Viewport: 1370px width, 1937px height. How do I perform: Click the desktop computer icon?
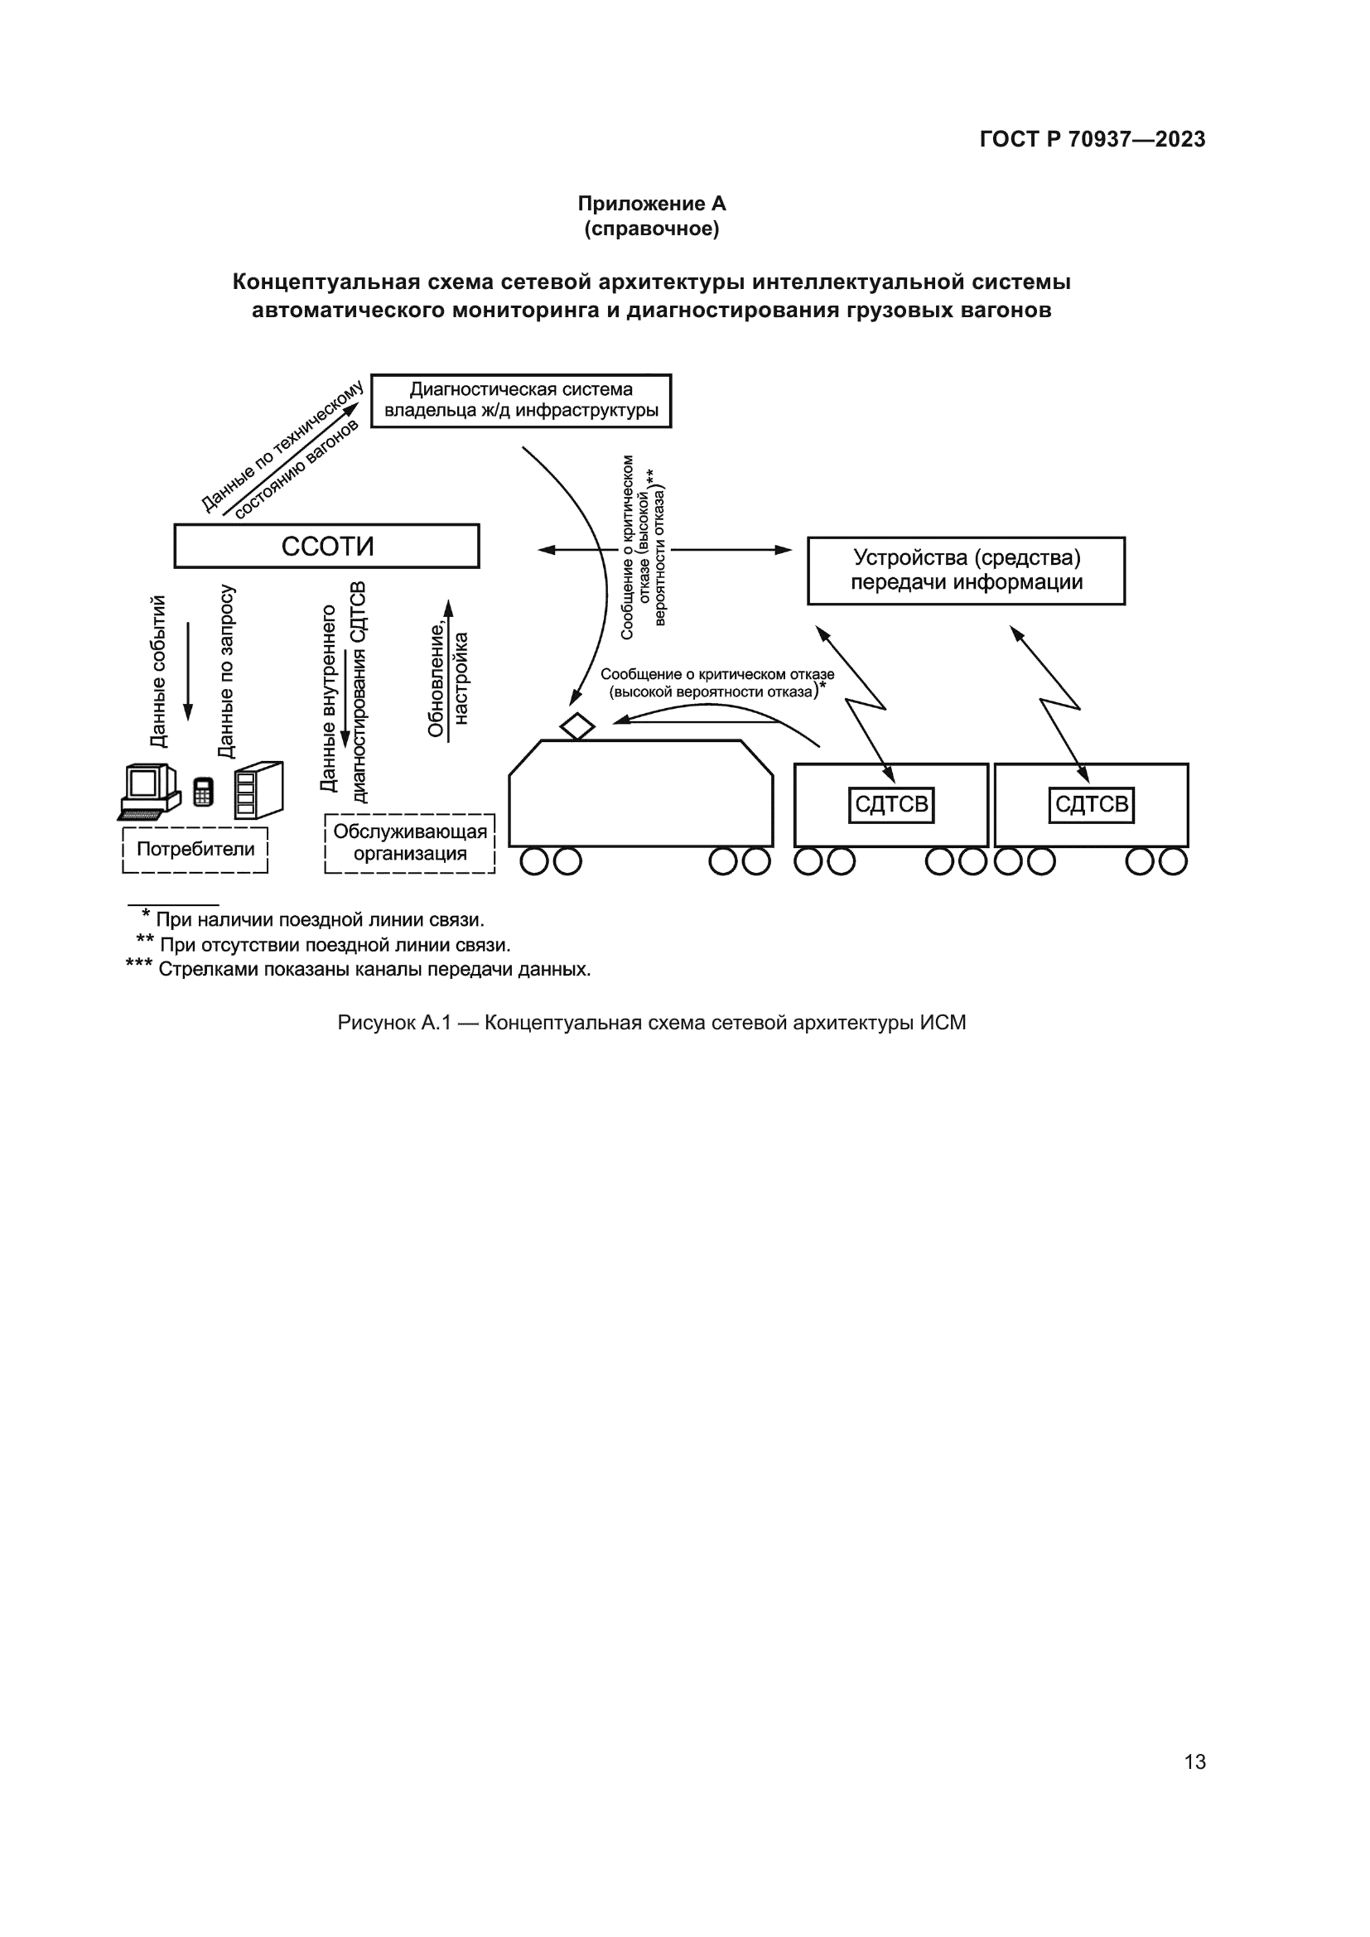click(x=149, y=792)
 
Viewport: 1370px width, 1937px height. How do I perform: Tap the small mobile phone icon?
click(x=203, y=792)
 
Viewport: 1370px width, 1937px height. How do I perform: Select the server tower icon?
click(x=259, y=791)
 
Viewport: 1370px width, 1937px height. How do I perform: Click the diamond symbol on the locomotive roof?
click(x=577, y=725)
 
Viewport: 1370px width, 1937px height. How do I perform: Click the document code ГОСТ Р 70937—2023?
click(x=1093, y=139)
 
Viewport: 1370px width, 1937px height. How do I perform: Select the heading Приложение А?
click(x=651, y=204)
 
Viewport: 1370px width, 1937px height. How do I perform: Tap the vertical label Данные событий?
click(x=157, y=672)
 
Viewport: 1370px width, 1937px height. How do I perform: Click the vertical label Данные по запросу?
click(x=225, y=672)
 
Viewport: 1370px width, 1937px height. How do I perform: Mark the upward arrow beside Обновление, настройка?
click(x=448, y=671)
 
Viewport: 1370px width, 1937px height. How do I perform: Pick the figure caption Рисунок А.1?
click(x=651, y=1023)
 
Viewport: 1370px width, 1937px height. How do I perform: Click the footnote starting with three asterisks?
click(x=358, y=970)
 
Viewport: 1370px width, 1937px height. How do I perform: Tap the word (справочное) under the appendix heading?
click(x=651, y=229)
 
